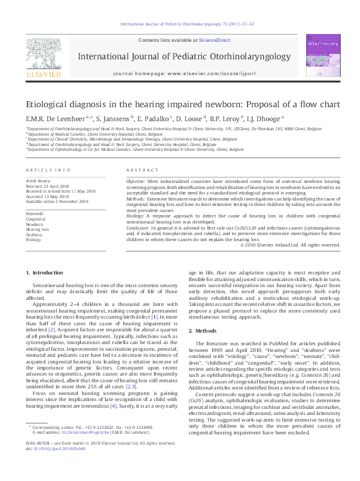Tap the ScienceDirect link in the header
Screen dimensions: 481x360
tap(215, 40)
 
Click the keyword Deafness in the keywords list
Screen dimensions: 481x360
tap(34, 234)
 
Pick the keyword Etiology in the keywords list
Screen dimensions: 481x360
tap(34, 239)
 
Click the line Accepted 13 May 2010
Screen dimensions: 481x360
tap(50, 196)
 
